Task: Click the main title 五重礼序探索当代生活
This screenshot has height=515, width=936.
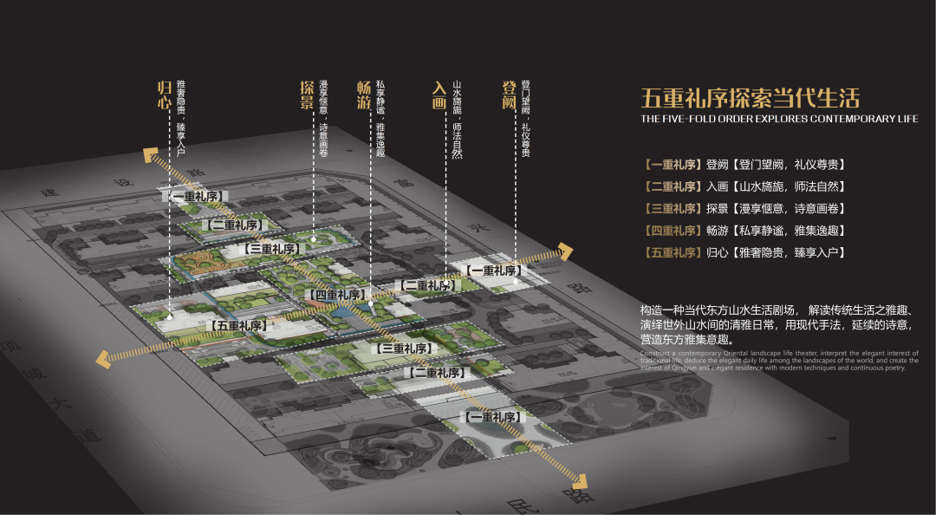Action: pyautogui.click(x=751, y=96)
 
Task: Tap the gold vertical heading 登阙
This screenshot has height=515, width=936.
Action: pyautogui.click(x=509, y=94)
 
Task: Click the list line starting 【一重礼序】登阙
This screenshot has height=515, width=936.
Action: pyautogui.click(x=744, y=164)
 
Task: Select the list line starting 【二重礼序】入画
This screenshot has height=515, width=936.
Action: pyautogui.click(x=744, y=186)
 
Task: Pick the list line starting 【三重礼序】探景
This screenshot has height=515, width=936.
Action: pyautogui.click(x=744, y=208)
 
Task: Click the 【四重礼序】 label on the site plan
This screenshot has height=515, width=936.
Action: pyautogui.click(x=336, y=295)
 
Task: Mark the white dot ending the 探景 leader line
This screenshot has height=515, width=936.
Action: pyautogui.click(x=313, y=238)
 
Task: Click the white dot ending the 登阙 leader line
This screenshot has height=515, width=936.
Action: pyautogui.click(x=516, y=280)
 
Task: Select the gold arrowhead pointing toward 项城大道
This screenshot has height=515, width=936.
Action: pyautogui.click(x=103, y=356)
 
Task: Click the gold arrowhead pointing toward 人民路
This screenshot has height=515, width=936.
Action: pyautogui.click(x=582, y=482)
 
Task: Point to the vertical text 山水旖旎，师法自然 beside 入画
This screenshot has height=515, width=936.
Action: pyautogui.click(x=457, y=121)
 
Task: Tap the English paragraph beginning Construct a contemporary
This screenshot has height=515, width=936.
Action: pyautogui.click(x=774, y=361)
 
